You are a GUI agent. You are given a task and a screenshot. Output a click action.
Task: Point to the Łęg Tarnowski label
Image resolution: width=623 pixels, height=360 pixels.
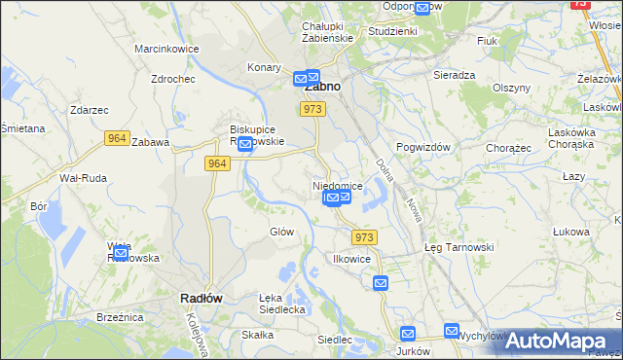[459, 247]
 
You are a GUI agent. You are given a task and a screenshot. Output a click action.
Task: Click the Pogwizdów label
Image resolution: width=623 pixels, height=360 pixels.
[425, 146]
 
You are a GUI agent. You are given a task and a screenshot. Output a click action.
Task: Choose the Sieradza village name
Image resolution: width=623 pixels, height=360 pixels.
[455, 74]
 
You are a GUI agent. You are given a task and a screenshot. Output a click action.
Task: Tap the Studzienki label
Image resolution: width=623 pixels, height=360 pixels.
[392, 31]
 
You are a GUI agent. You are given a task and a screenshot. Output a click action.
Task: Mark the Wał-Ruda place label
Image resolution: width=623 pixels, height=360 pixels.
[82, 178]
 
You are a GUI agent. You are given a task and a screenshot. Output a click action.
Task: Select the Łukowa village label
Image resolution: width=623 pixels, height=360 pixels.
[571, 232]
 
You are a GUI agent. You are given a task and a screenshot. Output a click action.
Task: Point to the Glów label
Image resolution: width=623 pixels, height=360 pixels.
[281, 232]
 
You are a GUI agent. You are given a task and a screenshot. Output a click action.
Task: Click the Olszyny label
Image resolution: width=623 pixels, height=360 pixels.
[511, 87]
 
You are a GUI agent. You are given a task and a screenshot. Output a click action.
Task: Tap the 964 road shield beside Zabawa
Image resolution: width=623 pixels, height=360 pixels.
[117, 139]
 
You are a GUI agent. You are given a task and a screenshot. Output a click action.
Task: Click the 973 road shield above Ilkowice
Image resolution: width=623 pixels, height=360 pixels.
[364, 237]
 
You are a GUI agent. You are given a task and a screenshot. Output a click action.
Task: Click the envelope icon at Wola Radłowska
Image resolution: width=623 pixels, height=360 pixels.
[120, 255]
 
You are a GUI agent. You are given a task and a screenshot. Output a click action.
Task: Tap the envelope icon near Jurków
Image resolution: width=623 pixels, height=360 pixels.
[407, 334]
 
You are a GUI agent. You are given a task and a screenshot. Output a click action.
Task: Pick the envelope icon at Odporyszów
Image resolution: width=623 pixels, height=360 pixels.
[421, 9]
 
